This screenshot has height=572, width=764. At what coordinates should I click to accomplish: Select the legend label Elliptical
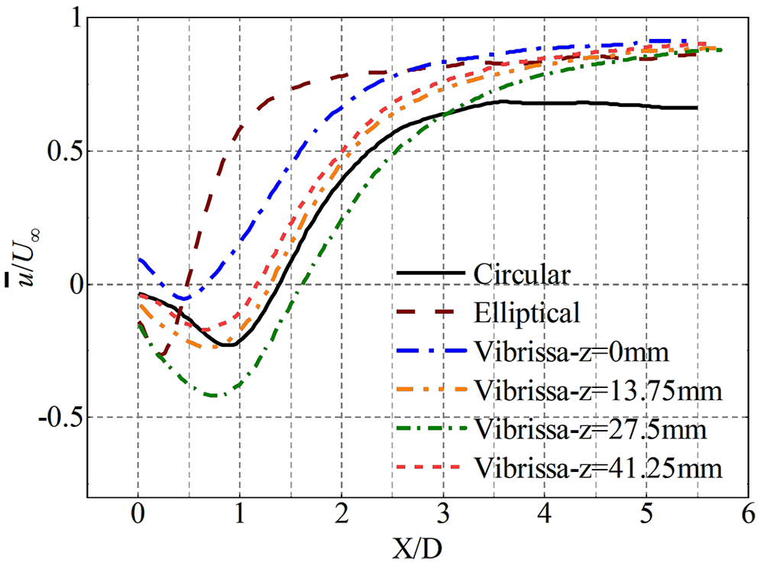point(527,312)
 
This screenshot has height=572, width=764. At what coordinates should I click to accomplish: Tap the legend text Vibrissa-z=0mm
point(571,352)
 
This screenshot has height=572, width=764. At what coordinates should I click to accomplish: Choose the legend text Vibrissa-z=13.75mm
point(597,390)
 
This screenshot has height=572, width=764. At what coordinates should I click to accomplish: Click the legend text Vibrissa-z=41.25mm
point(597,467)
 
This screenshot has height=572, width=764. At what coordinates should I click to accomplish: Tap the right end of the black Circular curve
point(697,108)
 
